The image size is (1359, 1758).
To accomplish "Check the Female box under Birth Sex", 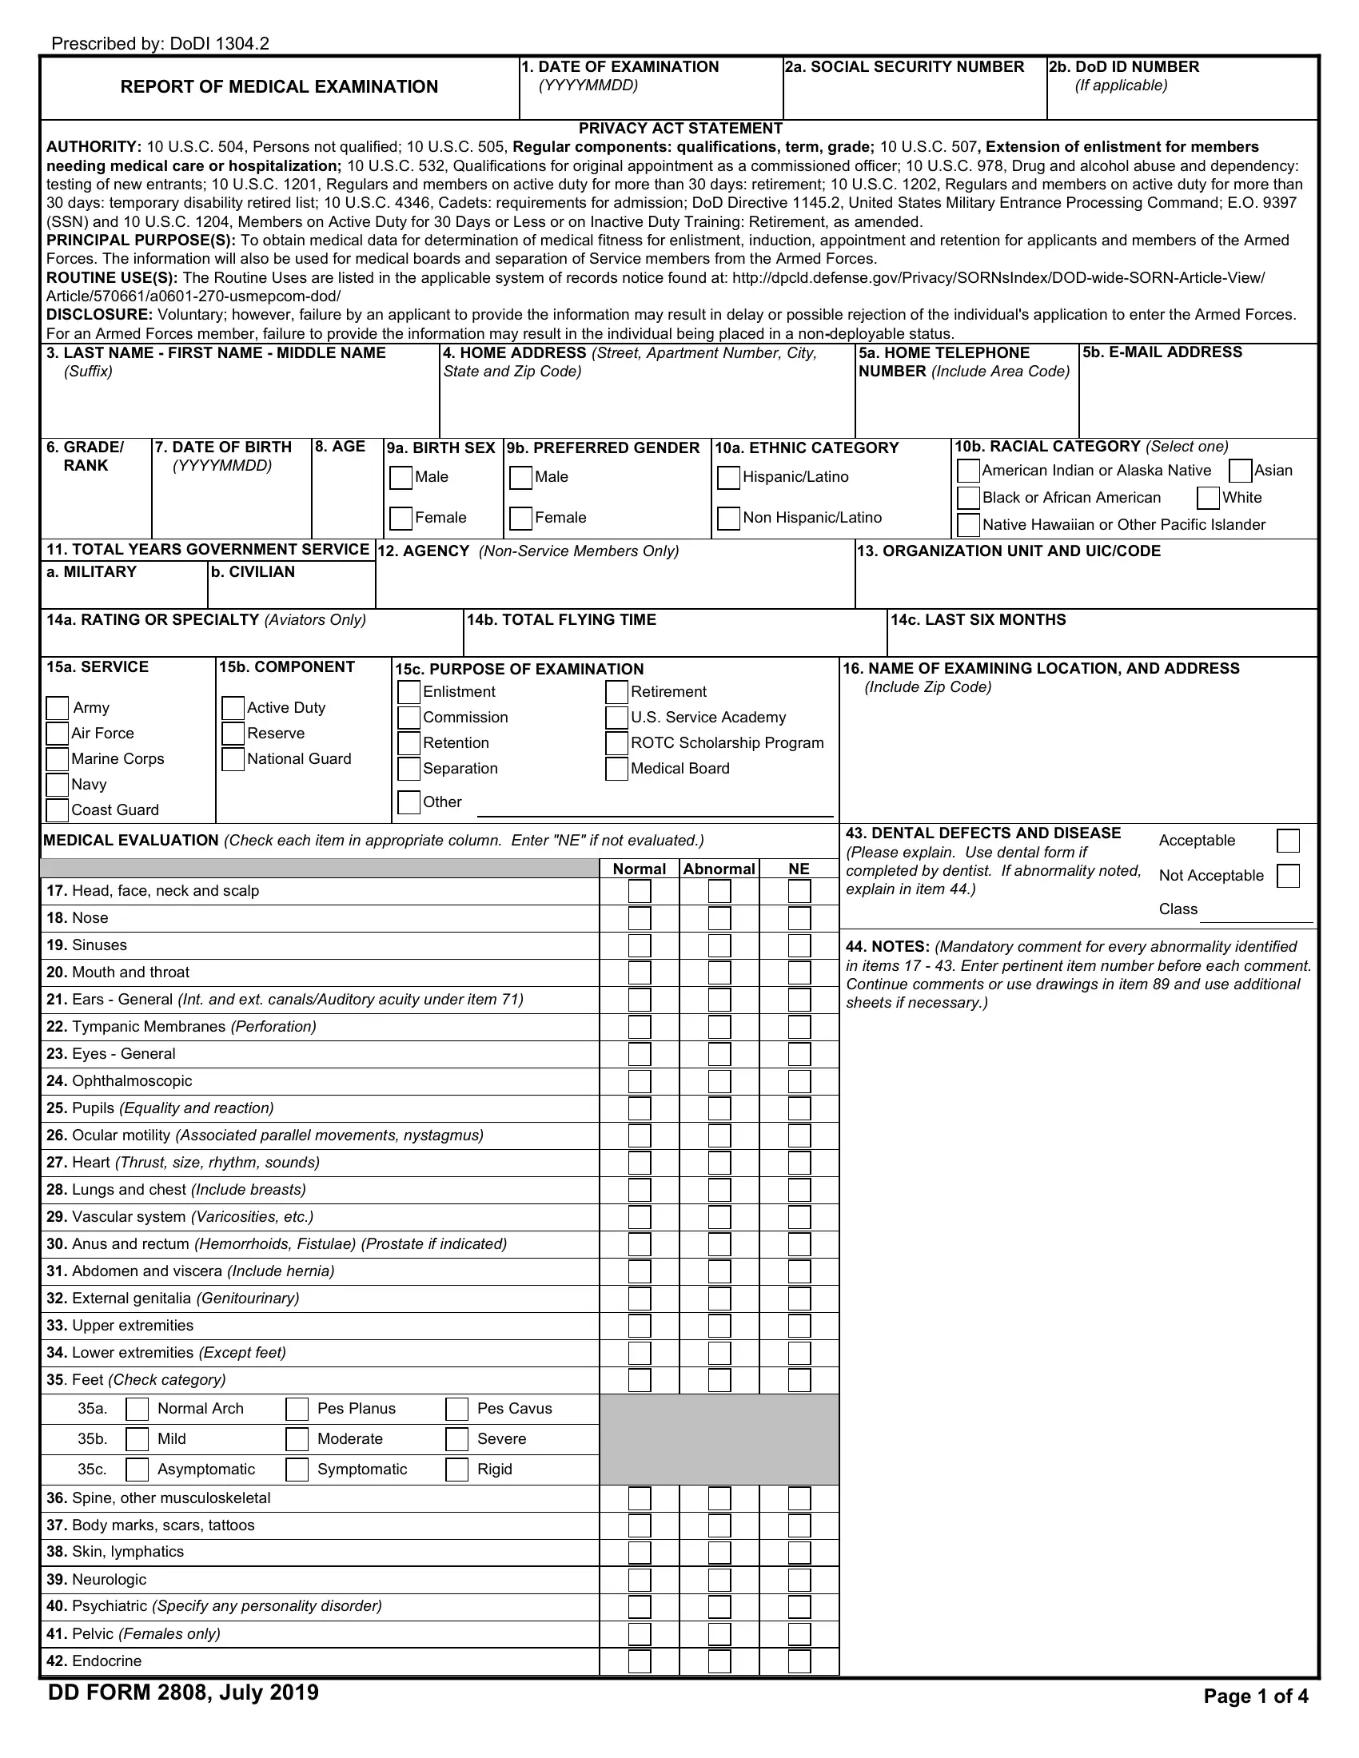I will (401, 519).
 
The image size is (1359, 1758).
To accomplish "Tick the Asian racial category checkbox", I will (1241, 471).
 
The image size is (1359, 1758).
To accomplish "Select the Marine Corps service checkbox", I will (58, 759).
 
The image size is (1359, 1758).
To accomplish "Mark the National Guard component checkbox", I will (233, 759).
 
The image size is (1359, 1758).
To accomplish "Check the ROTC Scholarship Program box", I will (616, 743).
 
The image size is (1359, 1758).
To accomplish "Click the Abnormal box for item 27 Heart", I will (719, 1163).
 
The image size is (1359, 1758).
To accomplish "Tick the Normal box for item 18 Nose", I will (640, 918).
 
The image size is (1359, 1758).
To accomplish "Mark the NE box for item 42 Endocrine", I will (799, 1661).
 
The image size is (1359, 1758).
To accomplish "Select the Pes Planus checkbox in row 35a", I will (297, 1409).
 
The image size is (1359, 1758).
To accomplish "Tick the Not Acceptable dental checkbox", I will (1288, 876).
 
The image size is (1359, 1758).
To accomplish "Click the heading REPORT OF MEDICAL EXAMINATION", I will (278, 87).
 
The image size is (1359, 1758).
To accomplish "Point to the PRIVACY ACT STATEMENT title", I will (679, 129).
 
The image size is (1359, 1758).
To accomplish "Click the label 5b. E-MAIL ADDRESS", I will (1162, 352).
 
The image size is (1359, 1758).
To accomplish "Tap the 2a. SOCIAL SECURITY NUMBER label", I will (904, 67).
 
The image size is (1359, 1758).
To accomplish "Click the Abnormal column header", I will (719, 869).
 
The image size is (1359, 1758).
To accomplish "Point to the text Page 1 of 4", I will (1255, 1696).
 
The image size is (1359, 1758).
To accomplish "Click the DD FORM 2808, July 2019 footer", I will (184, 1692).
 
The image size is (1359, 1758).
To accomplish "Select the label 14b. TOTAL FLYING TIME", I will (561, 620).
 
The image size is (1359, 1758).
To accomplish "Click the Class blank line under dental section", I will (1256, 913).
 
